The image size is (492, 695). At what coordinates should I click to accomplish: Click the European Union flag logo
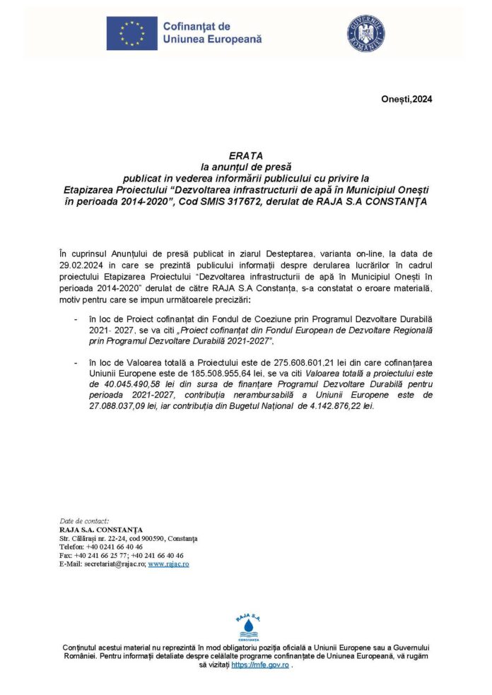(x=132, y=33)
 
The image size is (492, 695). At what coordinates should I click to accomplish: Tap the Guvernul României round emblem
(x=365, y=33)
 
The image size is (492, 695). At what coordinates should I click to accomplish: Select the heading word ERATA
(x=245, y=155)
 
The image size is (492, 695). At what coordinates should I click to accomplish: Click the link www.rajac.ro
(x=168, y=564)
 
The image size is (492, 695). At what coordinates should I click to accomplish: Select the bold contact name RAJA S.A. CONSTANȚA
(x=101, y=530)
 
